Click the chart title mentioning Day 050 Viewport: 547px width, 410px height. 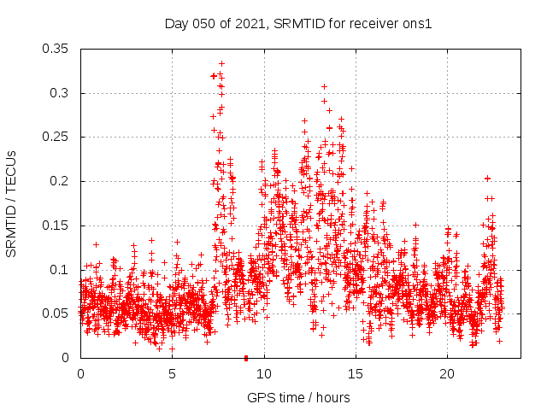click(298, 24)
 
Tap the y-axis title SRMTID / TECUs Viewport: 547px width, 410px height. click(12, 203)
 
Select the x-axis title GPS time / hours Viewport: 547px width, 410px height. click(298, 397)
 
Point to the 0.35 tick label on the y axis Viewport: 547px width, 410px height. click(56, 49)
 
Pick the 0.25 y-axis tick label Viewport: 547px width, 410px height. click(56, 137)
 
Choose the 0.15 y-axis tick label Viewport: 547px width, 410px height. click(56, 225)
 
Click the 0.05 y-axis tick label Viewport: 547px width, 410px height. click(56, 313)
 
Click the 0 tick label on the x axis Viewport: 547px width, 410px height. click(80, 374)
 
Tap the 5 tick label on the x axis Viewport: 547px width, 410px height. click(172, 374)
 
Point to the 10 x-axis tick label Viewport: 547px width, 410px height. click(264, 374)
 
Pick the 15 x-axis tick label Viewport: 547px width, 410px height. click(356, 374)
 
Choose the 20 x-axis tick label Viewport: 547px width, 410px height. click(448, 374)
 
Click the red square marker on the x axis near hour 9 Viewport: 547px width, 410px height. click(246, 358)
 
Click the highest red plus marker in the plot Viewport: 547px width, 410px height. click(221, 63)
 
